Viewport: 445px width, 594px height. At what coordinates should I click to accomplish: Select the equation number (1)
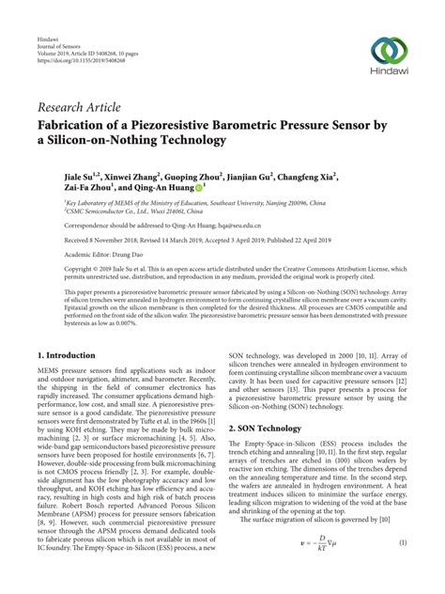[x=402, y=571]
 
